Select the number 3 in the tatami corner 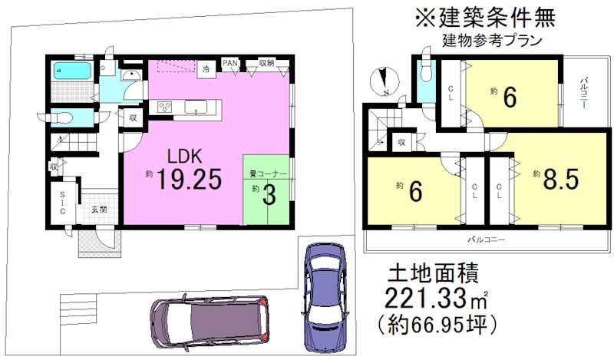(269, 194)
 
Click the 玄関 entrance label (97, 209)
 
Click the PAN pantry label (229, 63)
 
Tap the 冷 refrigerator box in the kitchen (206, 69)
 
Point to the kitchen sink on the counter (196, 108)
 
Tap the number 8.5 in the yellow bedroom (560, 180)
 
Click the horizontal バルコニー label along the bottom (487, 240)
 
